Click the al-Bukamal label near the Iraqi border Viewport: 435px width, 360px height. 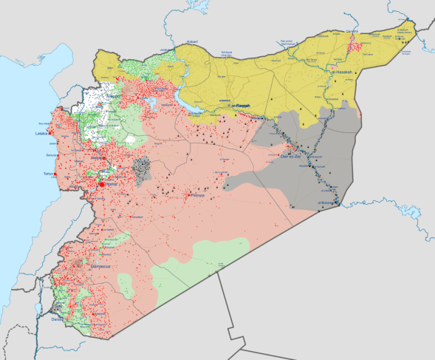pos(329,202)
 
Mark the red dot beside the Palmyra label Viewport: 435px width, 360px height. pos(190,194)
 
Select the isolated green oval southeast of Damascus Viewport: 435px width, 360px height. pos(125,287)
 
